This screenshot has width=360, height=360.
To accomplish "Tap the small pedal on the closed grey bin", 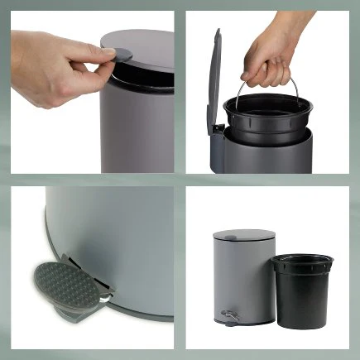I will (229, 315).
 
